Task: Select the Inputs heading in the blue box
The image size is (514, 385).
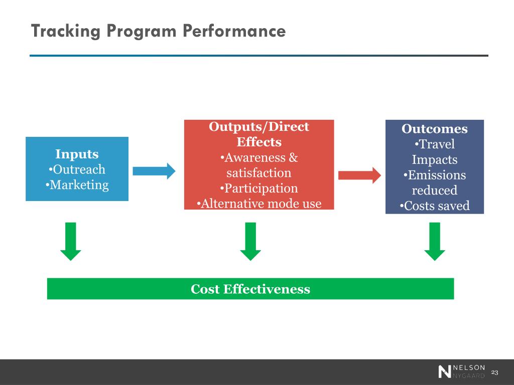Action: tap(77, 154)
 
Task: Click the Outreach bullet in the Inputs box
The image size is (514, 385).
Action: tap(77, 169)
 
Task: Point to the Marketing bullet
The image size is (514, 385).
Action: tap(77, 184)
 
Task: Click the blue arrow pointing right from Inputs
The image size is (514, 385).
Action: tap(154, 171)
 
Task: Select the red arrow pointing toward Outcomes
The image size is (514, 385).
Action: tap(359, 175)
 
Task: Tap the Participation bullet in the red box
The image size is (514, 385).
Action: tap(259, 188)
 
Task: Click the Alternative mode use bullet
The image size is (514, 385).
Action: tap(259, 204)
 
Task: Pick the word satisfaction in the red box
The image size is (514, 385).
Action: tap(259, 173)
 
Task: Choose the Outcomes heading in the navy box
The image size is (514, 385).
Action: tap(435, 129)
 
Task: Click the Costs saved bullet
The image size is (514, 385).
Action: tap(435, 206)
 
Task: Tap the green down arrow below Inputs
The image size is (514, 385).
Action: tap(71, 242)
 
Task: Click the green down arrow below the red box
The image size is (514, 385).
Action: tap(250, 242)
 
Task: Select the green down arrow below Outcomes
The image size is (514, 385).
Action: tap(435, 242)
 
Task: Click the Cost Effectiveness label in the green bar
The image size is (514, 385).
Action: tap(250, 289)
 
